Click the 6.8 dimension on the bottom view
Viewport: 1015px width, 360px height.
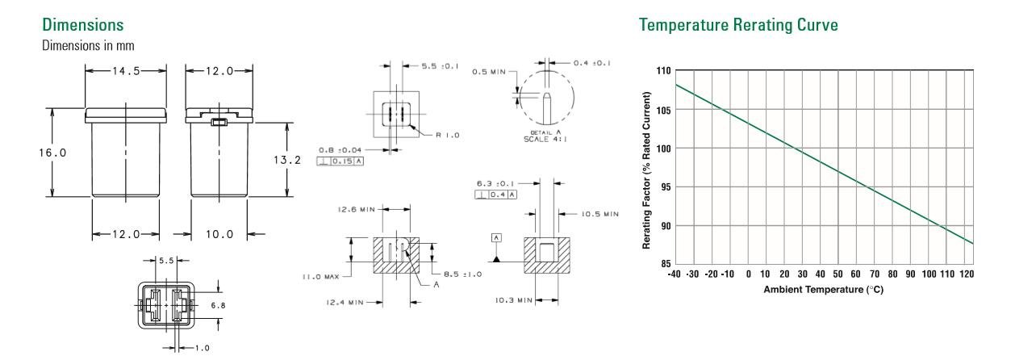[230, 306]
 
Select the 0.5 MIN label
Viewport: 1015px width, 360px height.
[488, 72]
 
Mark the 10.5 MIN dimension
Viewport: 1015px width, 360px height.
[599, 214]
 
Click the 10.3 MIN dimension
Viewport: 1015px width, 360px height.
[511, 299]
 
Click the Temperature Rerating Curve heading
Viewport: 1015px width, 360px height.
[737, 26]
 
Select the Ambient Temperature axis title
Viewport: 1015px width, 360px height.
[824, 290]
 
